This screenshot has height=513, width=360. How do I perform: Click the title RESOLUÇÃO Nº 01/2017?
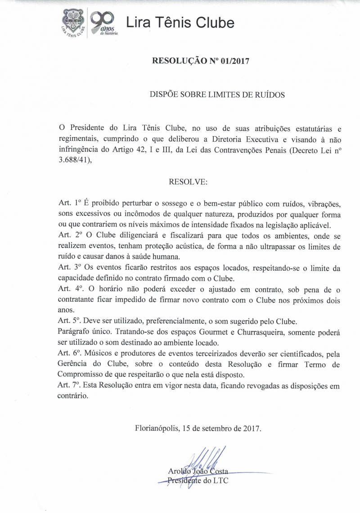coord(200,61)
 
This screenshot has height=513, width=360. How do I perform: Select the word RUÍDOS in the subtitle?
coord(268,95)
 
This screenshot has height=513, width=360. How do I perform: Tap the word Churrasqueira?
coord(261,332)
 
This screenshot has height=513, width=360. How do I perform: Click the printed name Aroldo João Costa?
coord(198,472)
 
